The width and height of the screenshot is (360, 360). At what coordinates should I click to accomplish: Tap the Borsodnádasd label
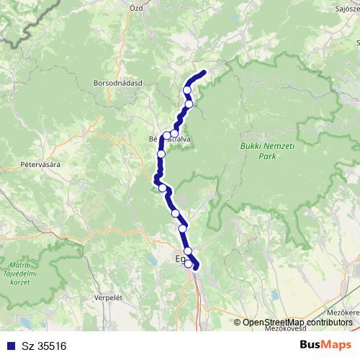tap(119, 83)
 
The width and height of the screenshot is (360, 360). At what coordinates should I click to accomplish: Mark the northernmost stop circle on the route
tap(187, 90)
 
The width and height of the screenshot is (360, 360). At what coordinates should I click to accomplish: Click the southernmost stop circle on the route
tap(189, 264)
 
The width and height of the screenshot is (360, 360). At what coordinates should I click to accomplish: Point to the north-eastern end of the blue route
tap(204, 72)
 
